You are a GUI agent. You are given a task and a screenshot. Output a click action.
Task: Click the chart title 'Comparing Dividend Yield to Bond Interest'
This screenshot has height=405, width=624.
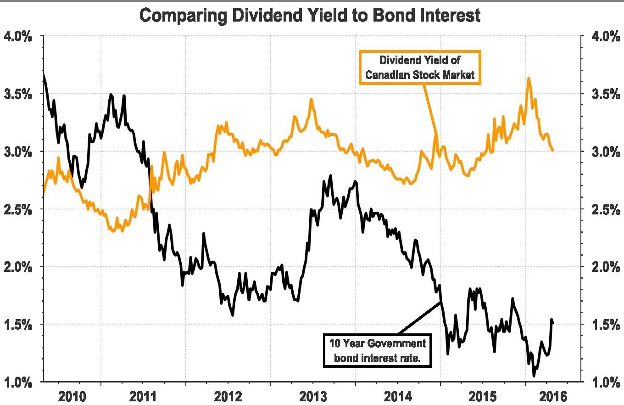(x=310, y=16)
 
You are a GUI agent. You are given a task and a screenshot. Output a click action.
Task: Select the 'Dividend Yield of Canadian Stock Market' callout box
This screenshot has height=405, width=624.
(x=420, y=67)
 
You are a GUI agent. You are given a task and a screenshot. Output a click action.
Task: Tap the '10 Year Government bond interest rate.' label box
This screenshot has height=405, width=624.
(x=378, y=350)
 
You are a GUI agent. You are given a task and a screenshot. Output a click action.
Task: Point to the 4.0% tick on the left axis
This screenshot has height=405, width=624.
(x=18, y=36)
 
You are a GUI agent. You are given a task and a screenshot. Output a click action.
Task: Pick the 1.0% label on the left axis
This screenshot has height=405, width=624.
(x=18, y=382)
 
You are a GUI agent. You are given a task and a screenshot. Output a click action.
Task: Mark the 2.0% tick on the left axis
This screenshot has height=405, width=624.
(x=18, y=267)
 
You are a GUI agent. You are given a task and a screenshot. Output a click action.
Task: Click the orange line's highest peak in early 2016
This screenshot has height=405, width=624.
(x=529, y=78)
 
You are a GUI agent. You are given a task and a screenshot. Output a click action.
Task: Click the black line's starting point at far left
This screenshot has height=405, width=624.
(x=43, y=74)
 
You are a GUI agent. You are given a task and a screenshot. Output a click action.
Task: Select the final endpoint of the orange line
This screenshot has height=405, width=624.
(x=553, y=150)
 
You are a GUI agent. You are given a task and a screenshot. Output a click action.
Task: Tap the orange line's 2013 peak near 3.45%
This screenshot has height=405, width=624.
(x=311, y=99)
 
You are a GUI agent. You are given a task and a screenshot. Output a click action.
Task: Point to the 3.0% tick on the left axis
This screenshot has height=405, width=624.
(x=18, y=152)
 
